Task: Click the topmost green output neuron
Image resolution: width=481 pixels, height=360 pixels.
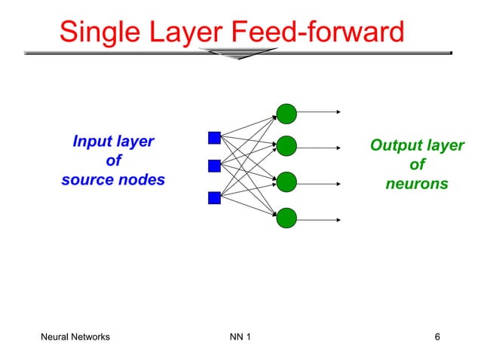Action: pos(286,114)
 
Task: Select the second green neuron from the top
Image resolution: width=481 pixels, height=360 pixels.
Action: pos(286,146)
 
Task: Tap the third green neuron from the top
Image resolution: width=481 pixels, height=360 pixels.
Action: pos(286,182)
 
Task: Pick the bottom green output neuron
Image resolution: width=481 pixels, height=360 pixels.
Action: pos(286,218)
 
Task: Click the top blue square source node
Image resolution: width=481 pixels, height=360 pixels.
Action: pos(214,138)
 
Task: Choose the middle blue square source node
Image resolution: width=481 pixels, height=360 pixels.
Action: pos(214,166)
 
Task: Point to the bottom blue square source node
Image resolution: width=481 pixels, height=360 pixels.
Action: pos(214,198)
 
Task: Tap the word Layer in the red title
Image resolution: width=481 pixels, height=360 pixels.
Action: pos(187,32)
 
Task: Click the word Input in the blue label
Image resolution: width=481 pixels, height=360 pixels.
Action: pos(91,142)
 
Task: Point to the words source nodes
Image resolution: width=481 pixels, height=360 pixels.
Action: pos(113,181)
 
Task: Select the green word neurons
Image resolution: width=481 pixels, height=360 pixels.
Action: pos(417,184)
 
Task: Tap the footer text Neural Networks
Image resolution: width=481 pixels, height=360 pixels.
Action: pos(75,337)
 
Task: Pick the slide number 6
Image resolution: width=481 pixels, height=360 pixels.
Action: pos(437,337)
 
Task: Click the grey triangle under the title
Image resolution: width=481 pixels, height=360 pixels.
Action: pos(240,53)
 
